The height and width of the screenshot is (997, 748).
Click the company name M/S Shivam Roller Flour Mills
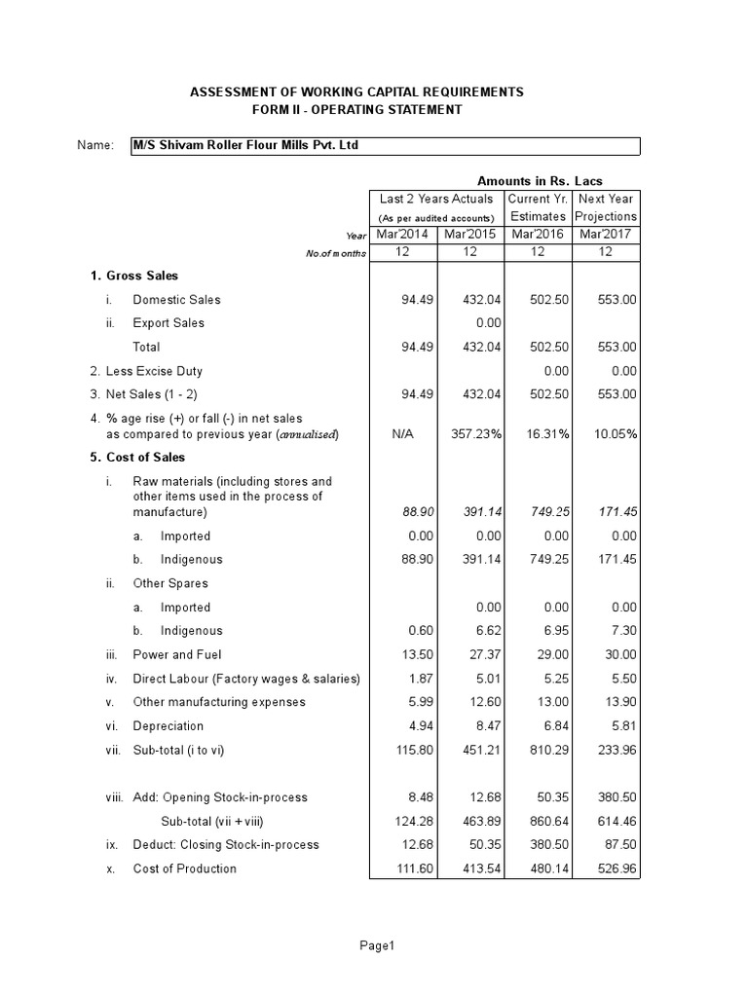click(251, 146)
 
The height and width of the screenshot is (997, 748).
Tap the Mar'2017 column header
click(606, 235)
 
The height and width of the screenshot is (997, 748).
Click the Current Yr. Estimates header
click(538, 207)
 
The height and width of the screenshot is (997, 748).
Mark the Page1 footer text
click(375, 945)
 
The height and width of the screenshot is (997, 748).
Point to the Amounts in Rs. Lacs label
click(539, 181)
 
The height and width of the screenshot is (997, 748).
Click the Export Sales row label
click(168, 323)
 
